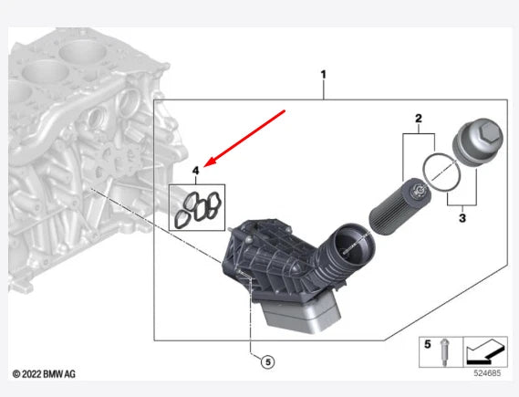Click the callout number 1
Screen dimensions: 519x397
(x=324, y=75)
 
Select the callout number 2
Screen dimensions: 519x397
(x=419, y=119)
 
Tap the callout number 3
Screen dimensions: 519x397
(x=462, y=218)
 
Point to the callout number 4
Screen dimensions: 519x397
(x=195, y=171)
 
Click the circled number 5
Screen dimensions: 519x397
(x=268, y=362)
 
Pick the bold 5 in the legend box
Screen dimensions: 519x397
(x=427, y=344)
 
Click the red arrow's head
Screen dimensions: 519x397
(x=210, y=162)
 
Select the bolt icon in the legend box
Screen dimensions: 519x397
(x=444, y=352)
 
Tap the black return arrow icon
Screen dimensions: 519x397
(x=486, y=351)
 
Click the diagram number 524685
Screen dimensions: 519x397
(x=487, y=373)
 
